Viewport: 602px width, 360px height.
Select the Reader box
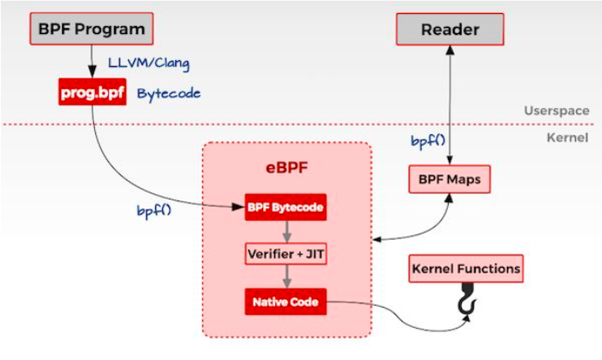tap(450, 30)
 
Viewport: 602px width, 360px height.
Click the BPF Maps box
tap(450, 180)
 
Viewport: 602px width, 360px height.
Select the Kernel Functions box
tap(465, 268)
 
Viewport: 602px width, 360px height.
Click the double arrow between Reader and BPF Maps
tap(450, 105)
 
